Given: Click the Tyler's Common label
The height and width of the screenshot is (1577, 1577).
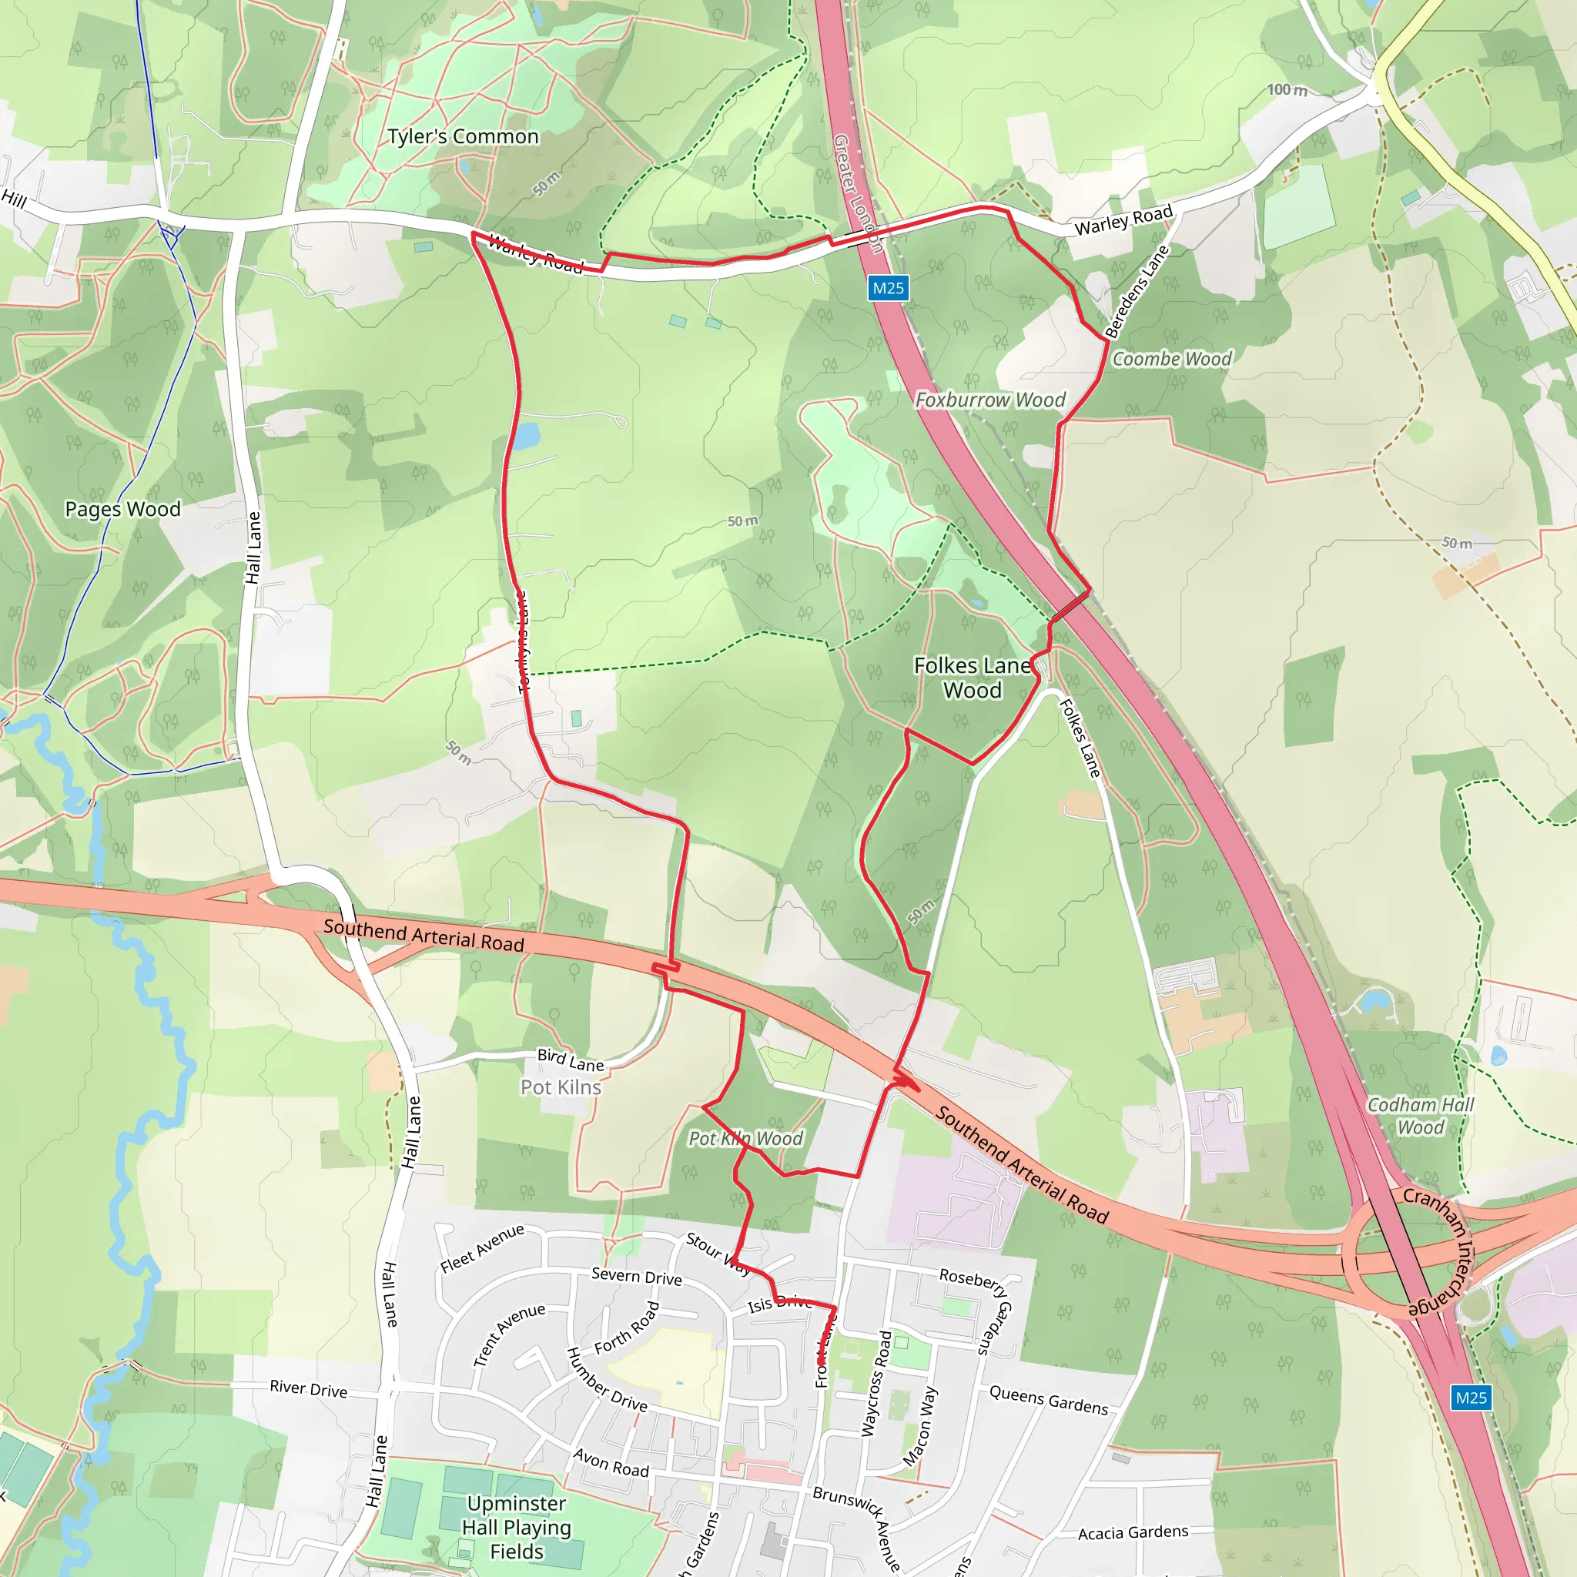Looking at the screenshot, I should [x=463, y=136].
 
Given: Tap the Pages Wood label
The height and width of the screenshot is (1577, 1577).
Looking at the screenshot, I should [x=122, y=509].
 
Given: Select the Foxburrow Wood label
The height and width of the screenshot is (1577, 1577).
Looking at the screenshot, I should [x=990, y=400].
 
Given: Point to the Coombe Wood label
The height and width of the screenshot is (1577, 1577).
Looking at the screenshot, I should [x=1172, y=359].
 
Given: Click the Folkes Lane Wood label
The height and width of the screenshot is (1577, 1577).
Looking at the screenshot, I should [x=973, y=678].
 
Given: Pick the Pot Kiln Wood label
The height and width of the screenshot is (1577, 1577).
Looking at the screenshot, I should [x=745, y=1139].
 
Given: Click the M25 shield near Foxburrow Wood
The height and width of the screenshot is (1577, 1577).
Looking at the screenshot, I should [x=888, y=288].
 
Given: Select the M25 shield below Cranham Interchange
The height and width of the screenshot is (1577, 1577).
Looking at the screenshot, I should [x=1471, y=1398].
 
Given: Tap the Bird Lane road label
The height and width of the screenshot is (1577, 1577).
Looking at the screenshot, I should [x=571, y=1060].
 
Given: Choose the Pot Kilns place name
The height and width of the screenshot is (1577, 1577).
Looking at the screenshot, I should [x=561, y=1087].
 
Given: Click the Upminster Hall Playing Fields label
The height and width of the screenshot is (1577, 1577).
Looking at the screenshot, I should [x=517, y=1527].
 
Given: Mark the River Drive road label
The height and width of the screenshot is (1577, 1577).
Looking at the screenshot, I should [x=309, y=1389].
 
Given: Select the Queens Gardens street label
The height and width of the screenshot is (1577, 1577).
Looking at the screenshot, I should [x=1049, y=1400].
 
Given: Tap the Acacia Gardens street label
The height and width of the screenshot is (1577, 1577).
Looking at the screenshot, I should [x=1133, y=1533].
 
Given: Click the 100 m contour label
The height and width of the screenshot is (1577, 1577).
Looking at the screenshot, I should [x=1287, y=90].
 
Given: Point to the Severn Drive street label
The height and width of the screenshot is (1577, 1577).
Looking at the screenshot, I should [x=637, y=1277].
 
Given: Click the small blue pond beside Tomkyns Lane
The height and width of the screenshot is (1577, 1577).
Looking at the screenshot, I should [x=527, y=436].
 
